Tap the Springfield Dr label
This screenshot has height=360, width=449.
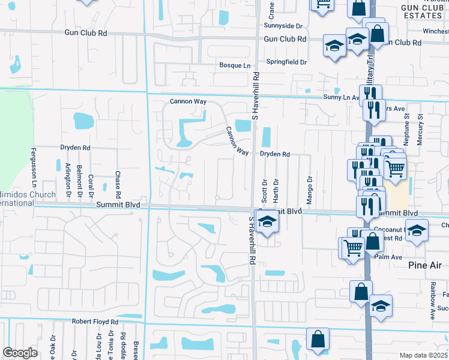pos(287,62)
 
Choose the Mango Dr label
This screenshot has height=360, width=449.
pos(310,190)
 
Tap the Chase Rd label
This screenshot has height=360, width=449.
pos(118,186)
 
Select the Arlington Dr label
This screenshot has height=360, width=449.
pos(68,181)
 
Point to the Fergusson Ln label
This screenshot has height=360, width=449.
pos(34,170)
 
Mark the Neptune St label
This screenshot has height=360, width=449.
pos(406,127)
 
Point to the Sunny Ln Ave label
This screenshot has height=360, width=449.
pos(341,97)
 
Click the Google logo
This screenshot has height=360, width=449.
pos(19,353)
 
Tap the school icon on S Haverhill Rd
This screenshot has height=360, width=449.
pos(267,221)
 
